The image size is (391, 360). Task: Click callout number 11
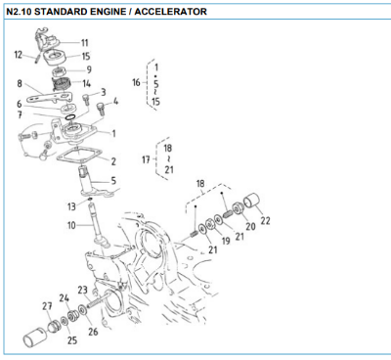(x=84, y=42)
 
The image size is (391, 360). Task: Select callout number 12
(x=18, y=55)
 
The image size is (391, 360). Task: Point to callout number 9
(x=87, y=69)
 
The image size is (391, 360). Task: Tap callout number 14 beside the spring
(x=87, y=83)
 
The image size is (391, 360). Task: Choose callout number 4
(x=115, y=101)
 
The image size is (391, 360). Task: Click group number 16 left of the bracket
(x=137, y=81)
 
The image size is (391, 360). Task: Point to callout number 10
(x=70, y=225)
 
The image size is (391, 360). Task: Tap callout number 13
(x=71, y=206)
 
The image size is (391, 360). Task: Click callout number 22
(x=265, y=220)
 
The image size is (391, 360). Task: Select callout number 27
(x=46, y=306)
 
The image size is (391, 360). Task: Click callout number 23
(x=82, y=290)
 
